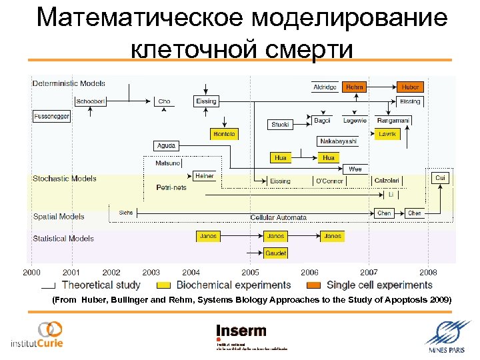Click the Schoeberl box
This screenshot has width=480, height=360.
point(89,101)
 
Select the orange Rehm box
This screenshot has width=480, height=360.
point(355,87)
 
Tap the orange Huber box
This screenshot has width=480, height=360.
point(410,87)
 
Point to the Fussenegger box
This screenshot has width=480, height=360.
point(51,116)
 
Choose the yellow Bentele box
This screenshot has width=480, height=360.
point(224,134)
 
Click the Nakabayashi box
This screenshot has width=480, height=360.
point(338,141)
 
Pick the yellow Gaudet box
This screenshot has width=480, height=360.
point(276,253)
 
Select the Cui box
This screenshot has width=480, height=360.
point(440,178)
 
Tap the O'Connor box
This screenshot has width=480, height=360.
point(329,181)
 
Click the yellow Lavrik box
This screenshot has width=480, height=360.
point(387,134)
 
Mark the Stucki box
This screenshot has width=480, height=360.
point(281,124)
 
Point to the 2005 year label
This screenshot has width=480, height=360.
point(251,273)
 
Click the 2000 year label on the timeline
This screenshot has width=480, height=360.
point(31,273)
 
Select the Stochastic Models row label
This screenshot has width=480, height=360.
point(65,179)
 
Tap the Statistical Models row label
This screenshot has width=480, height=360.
point(63,238)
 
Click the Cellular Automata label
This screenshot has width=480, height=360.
point(278,217)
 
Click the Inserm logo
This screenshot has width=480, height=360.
point(241,332)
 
